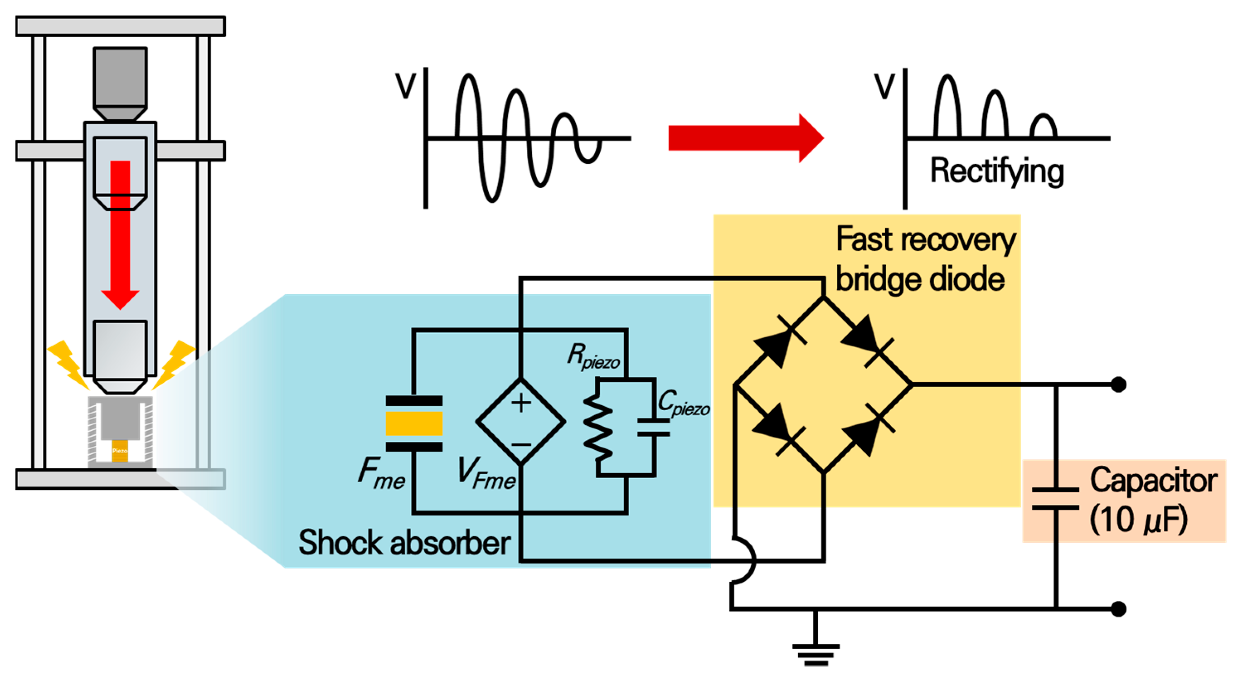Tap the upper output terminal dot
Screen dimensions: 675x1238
coord(1118,385)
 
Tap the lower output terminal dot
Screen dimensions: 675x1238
coord(1118,609)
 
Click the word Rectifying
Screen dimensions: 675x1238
coord(997,171)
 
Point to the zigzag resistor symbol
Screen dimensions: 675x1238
coord(597,428)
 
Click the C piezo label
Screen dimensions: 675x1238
coord(683,403)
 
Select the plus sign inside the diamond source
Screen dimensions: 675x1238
coord(521,403)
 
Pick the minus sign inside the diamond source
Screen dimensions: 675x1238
coord(521,444)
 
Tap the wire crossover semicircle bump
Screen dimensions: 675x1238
coord(745,560)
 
